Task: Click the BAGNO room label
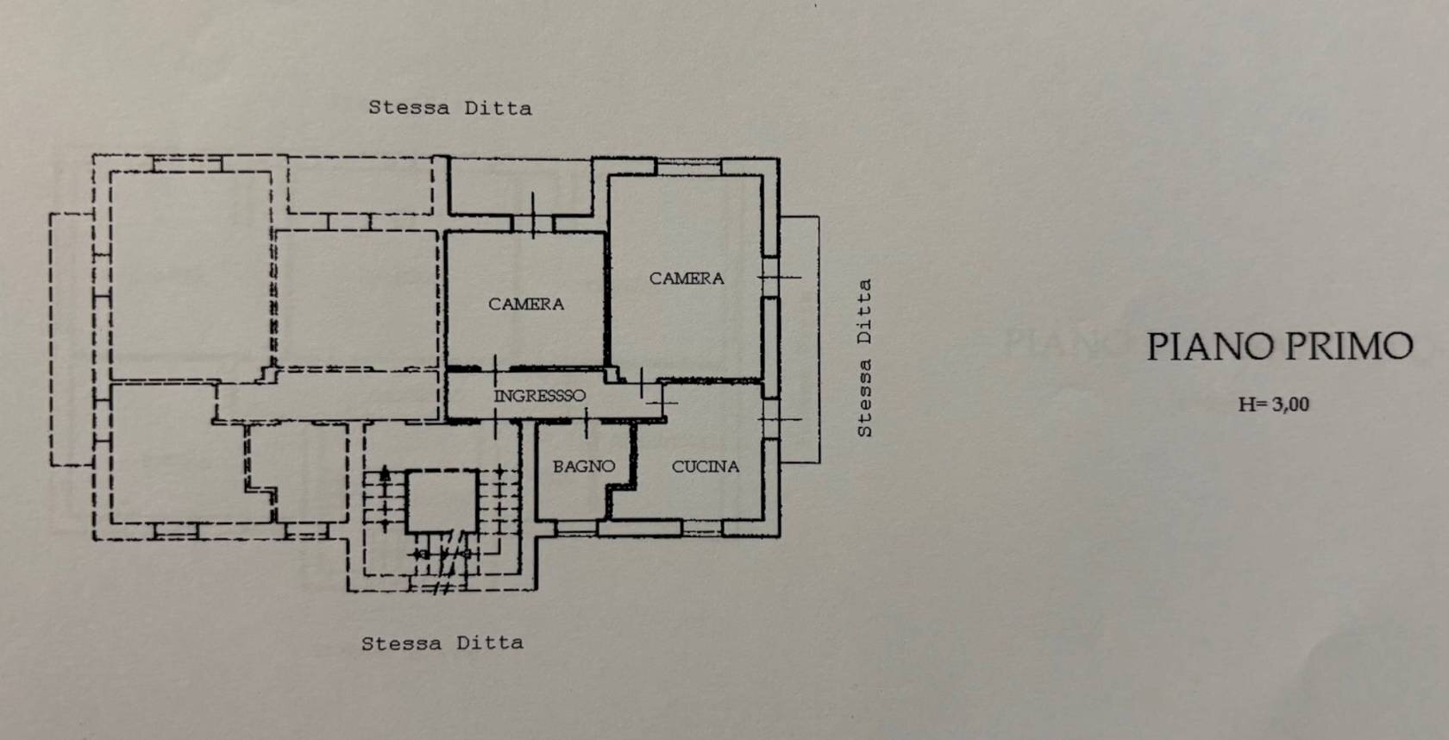coord(584,467)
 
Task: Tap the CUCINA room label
coord(706,467)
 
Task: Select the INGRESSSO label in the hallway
coord(539,396)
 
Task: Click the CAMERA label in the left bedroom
coord(526,304)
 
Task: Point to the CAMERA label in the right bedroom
coord(687,278)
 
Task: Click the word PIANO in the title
coord(1209,347)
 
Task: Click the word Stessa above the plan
coord(409,108)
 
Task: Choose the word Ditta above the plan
coord(499,108)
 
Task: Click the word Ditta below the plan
coord(490,643)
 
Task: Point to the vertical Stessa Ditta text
coord(864,357)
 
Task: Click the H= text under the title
coord(1251,404)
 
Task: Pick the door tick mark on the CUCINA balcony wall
coord(781,419)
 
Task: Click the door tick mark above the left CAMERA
coord(533,216)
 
